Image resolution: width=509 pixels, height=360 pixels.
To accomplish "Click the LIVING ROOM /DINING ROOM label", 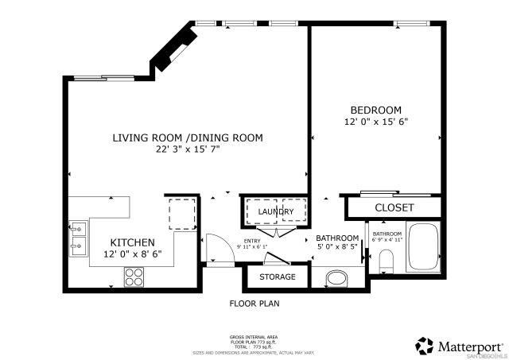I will (187, 137).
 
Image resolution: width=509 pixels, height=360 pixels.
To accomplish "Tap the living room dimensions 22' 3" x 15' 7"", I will (187, 149).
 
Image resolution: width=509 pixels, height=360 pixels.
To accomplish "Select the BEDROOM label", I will (376, 110).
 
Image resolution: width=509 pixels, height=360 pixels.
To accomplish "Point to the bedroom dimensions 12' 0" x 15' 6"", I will (376, 122).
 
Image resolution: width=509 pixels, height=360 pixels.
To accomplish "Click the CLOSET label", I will (394, 207).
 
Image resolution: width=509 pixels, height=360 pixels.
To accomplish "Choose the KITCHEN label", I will (132, 242).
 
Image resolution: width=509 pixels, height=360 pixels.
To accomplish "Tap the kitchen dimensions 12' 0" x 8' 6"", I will (132, 254).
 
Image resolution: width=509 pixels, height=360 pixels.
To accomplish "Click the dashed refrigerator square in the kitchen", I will (182, 214).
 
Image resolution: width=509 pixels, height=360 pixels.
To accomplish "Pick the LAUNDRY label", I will (276, 211).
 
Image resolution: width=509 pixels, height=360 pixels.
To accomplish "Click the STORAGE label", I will (278, 277).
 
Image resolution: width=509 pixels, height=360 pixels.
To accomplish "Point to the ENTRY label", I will (251, 241).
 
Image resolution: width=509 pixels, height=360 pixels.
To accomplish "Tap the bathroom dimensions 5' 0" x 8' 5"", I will (338, 248).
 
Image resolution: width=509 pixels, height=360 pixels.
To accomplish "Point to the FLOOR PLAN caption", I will (254, 303).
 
